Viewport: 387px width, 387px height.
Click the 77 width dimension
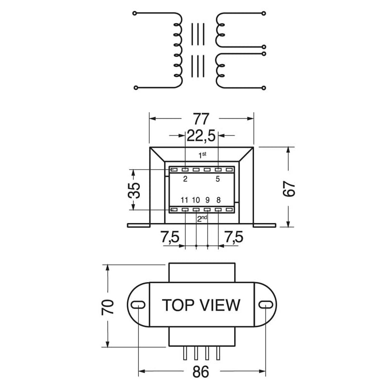[201, 118]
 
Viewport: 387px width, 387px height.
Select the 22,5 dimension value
[201, 136]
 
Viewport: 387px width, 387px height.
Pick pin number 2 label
[185, 179]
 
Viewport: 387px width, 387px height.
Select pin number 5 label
[218, 179]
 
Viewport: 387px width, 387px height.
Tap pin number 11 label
[184, 200]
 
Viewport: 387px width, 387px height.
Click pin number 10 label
[196, 200]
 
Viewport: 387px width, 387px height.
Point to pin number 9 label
[207, 200]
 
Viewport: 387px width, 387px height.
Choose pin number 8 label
[218, 200]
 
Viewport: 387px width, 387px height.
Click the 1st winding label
[203, 155]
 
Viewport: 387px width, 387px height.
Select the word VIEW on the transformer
[220, 305]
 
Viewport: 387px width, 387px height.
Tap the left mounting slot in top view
[138, 304]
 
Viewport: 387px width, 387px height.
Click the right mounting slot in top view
[265, 304]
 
